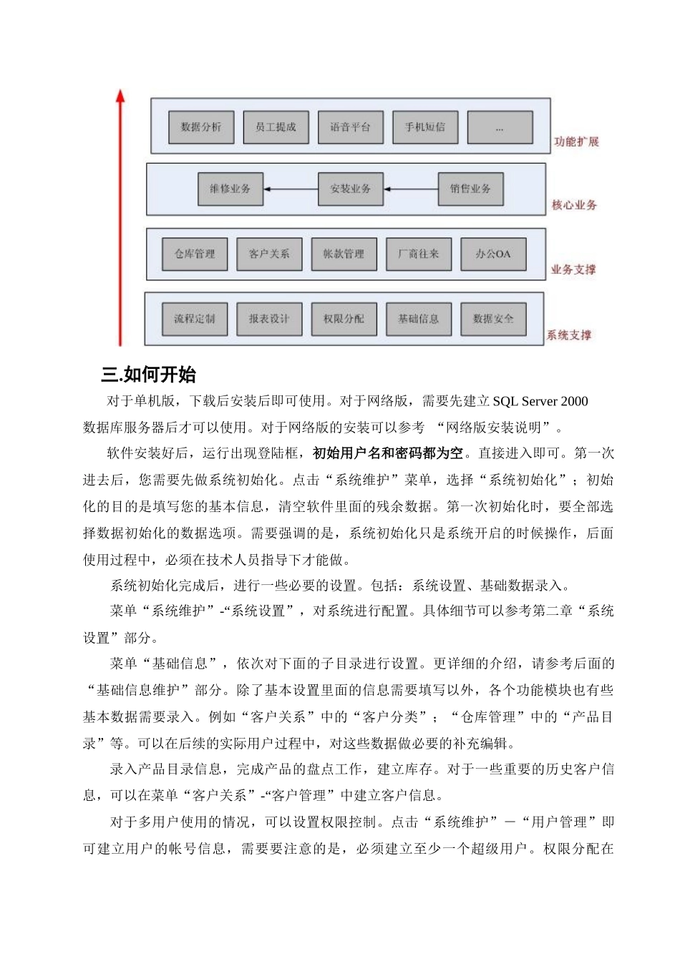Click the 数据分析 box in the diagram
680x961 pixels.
[x=201, y=127]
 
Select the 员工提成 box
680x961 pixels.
[x=276, y=127]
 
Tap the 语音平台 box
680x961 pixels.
[x=351, y=127]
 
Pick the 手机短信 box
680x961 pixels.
[x=425, y=127]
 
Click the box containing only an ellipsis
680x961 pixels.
[x=500, y=128]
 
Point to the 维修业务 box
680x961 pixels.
[x=230, y=189]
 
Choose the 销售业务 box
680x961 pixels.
[x=470, y=189]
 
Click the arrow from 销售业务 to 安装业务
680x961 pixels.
[x=411, y=189]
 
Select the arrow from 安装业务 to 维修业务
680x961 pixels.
[x=290, y=189]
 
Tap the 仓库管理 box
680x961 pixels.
[x=195, y=254]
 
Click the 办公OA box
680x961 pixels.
[x=493, y=254]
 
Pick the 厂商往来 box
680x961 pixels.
[x=419, y=254]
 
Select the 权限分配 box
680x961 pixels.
[x=344, y=319]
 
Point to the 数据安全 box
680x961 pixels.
[x=493, y=319]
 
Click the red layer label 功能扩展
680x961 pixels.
[x=575, y=142]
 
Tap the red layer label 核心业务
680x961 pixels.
[x=574, y=205]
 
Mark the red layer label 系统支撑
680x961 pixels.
[x=569, y=335]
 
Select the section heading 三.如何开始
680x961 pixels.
[x=149, y=375]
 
